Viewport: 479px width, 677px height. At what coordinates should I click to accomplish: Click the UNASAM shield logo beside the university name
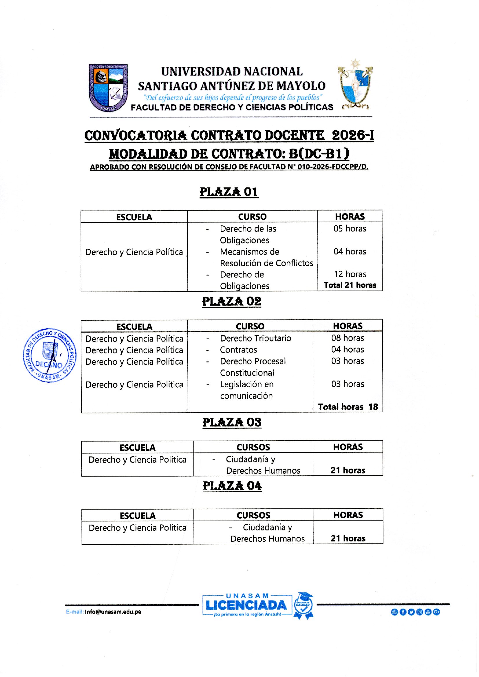(108, 87)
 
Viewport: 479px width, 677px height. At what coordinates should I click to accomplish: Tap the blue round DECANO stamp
(50, 355)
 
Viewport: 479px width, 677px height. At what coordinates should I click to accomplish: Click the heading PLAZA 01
(229, 192)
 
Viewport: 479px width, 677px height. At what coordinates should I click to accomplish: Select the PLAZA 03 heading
(232, 422)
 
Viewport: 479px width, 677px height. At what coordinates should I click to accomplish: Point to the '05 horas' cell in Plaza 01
(350, 229)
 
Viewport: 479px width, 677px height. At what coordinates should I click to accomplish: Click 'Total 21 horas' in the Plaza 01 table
(350, 285)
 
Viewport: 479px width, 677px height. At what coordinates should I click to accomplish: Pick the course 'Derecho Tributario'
(255, 338)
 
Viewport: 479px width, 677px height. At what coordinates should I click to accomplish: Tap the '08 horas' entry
(348, 338)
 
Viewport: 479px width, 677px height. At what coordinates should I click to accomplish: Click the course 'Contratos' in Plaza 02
(238, 350)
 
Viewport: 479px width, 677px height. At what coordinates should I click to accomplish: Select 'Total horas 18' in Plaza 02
(348, 407)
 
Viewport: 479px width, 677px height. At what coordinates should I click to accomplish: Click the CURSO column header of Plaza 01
(252, 217)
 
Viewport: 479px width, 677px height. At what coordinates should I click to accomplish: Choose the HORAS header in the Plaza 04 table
(348, 515)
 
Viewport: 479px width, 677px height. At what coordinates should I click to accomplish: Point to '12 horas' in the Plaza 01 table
(350, 274)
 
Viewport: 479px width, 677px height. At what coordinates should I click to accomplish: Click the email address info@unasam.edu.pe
(113, 612)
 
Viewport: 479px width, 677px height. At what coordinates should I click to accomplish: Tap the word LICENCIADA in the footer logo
(246, 605)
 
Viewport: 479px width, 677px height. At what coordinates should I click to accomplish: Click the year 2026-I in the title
(353, 136)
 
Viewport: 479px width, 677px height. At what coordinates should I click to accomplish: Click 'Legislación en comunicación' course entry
(246, 390)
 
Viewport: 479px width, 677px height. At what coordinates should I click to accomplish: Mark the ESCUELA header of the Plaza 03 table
(138, 448)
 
